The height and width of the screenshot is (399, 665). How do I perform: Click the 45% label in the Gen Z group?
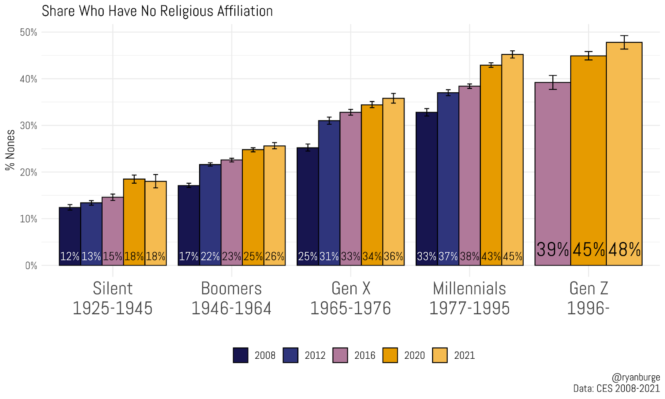[x=589, y=250]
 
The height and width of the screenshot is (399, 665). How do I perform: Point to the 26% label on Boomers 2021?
[x=275, y=256]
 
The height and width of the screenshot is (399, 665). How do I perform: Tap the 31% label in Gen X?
[x=329, y=256]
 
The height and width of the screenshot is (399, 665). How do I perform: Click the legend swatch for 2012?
[x=291, y=355]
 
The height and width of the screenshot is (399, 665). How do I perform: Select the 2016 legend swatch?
[x=340, y=355]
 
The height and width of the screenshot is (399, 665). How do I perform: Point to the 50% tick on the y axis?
[x=28, y=32]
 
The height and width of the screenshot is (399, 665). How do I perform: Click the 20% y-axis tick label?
[x=28, y=172]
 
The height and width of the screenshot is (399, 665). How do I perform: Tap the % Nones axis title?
[x=10, y=150]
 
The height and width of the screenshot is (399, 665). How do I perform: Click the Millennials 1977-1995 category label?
[x=469, y=298]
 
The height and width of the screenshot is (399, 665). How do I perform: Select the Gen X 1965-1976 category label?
[x=350, y=298]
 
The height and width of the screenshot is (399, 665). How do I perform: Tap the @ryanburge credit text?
[x=635, y=377]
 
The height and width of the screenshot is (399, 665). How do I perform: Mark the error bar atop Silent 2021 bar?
[x=155, y=181]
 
